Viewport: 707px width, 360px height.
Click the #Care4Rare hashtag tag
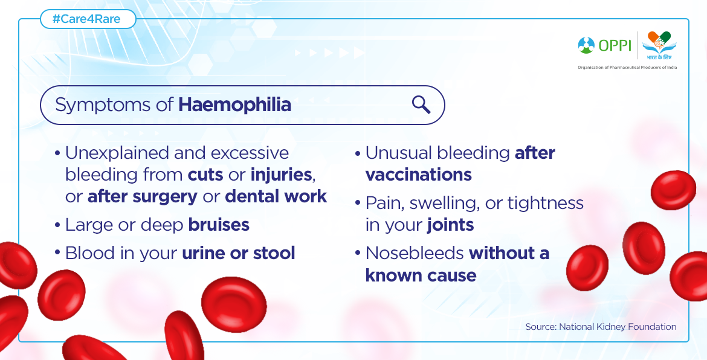(88, 19)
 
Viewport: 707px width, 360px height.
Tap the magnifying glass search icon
(421, 105)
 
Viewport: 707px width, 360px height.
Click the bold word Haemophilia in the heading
(234, 105)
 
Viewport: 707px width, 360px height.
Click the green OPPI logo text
(615, 45)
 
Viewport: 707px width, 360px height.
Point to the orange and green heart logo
(659, 42)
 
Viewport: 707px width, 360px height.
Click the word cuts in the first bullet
(205, 175)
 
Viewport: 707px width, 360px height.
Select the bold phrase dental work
(276, 196)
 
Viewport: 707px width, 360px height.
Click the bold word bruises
(219, 225)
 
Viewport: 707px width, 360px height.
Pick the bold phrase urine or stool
(239, 253)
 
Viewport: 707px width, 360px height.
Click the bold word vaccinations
(418, 175)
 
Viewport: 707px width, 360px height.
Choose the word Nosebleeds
(415, 253)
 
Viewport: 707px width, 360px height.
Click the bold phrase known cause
(421, 275)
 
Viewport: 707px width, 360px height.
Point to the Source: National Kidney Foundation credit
(601, 327)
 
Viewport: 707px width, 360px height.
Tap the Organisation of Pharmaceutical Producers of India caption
(627, 67)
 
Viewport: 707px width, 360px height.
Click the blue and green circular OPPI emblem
(586, 45)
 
